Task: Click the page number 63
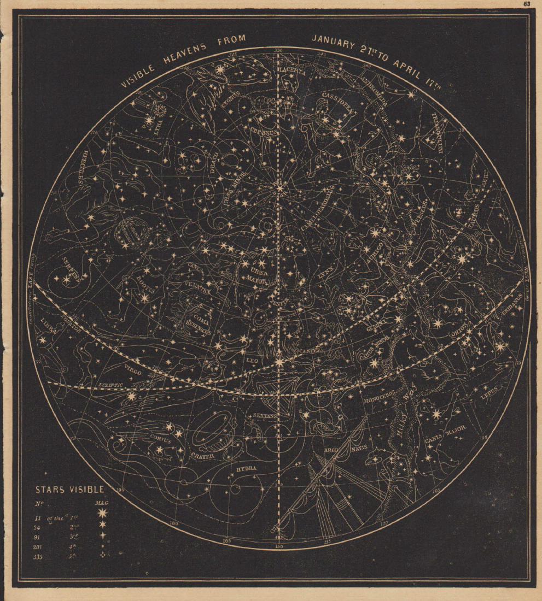point(527,3)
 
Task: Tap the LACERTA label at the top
point(291,70)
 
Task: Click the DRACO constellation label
point(215,164)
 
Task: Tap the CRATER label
point(202,453)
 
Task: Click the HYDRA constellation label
point(246,468)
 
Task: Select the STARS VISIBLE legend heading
point(65,490)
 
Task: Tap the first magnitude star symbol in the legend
point(100,513)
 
